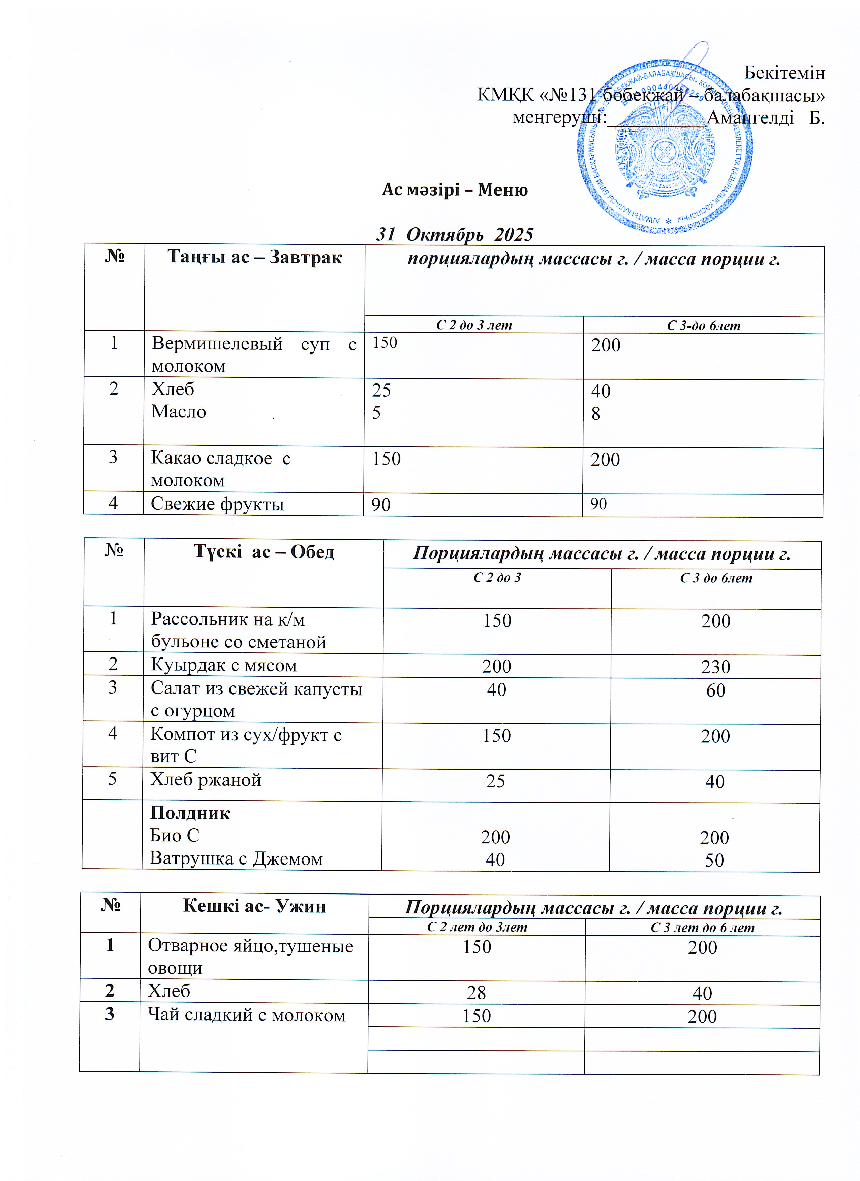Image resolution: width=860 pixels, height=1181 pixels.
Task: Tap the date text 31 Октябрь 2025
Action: (455, 235)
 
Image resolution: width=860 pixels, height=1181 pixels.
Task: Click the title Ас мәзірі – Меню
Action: (455, 190)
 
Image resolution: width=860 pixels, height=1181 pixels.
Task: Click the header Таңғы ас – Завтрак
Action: (254, 257)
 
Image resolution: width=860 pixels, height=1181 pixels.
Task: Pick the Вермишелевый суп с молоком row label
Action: (253, 355)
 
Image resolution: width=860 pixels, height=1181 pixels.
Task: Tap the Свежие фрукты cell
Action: (217, 504)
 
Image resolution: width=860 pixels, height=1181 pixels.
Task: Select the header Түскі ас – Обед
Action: (264, 551)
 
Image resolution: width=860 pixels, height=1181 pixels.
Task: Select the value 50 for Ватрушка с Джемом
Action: (714, 860)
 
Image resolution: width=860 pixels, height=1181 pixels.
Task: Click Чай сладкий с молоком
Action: (247, 1015)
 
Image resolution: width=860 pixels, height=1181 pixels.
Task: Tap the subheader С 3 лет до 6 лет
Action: (702, 927)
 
